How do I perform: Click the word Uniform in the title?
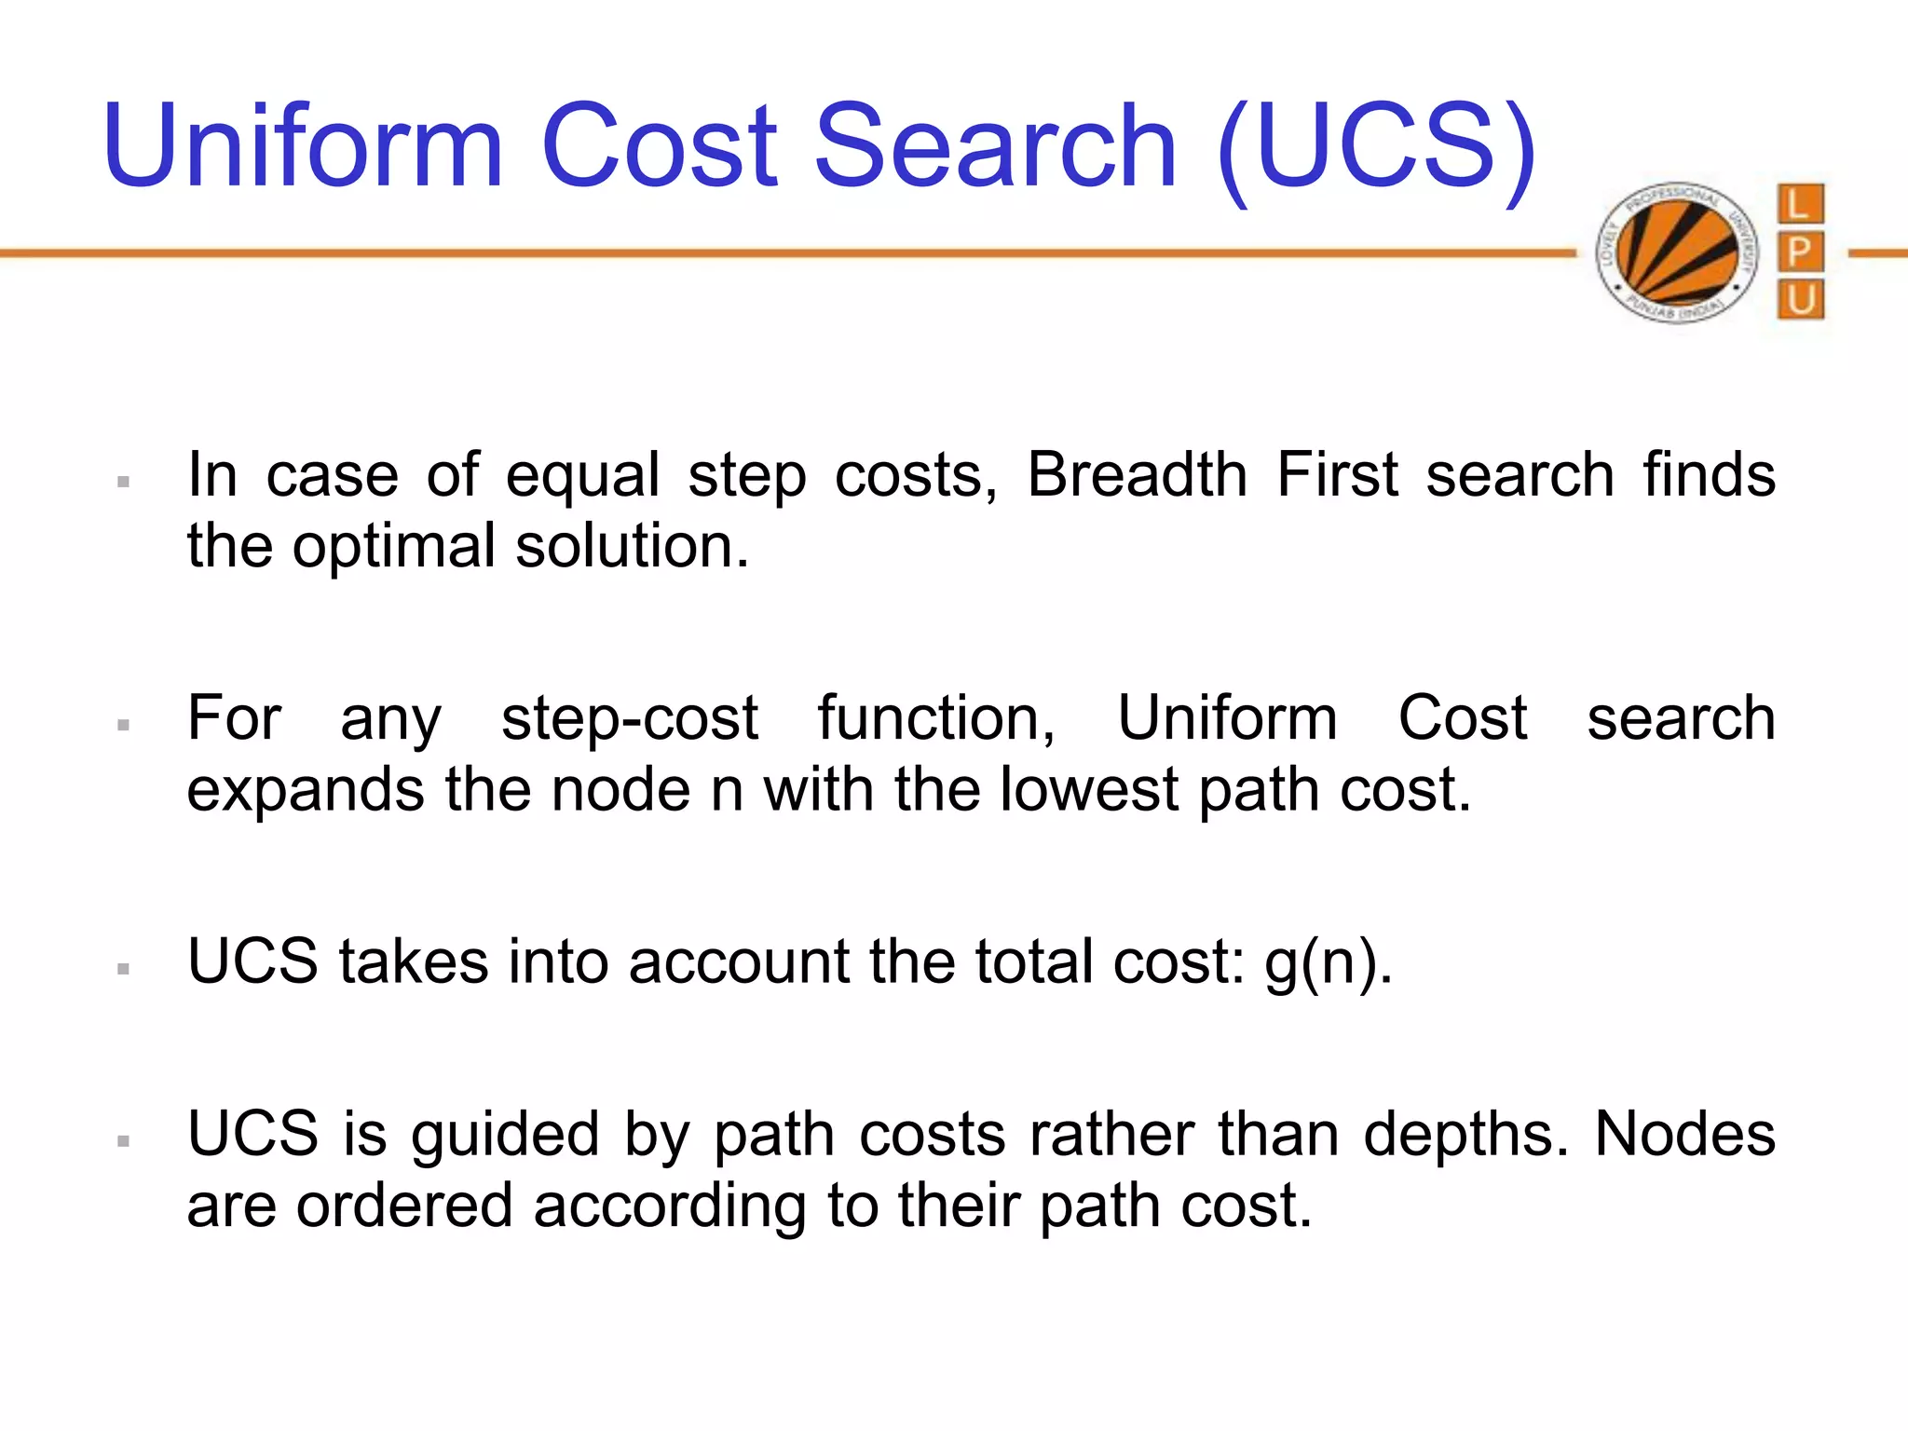[304, 146]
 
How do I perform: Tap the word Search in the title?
[997, 146]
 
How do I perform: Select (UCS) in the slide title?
[1377, 149]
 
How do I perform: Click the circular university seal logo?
[1677, 252]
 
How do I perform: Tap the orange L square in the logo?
[1800, 204]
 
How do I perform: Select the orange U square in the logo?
[1800, 300]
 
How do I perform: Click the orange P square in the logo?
[1800, 252]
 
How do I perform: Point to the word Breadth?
[1138, 475]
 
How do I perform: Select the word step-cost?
[630, 719]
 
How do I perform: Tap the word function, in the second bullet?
[936, 719]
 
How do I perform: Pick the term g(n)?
[1328, 962]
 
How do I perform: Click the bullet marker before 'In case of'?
[123, 482]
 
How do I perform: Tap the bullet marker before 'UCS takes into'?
[123, 969]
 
